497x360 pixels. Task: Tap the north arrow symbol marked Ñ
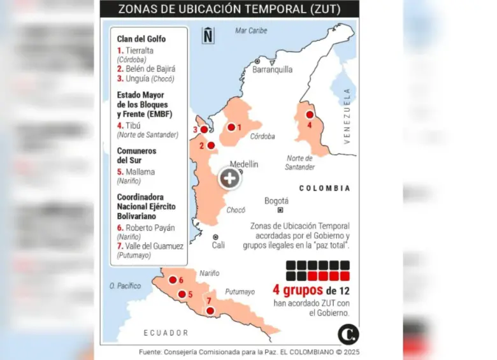click(208, 36)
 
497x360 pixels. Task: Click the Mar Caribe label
click(251, 31)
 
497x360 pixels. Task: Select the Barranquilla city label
click(272, 69)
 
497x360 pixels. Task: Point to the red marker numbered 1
click(231, 127)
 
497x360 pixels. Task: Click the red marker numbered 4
click(310, 115)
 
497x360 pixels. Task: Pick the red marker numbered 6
click(172, 280)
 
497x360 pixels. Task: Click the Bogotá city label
click(277, 201)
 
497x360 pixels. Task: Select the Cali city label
click(219, 244)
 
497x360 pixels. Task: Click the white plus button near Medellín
click(230, 179)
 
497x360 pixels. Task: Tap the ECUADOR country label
click(166, 333)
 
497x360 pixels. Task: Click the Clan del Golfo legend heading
click(141, 39)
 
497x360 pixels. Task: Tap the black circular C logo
click(348, 335)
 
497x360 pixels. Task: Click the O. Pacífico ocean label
click(125, 286)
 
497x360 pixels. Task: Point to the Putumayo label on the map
click(240, 292)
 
